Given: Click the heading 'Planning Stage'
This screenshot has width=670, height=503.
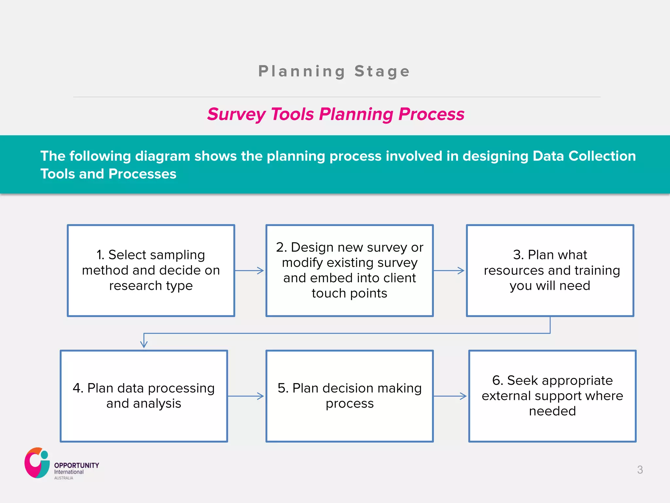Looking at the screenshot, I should click(x=334, y=71).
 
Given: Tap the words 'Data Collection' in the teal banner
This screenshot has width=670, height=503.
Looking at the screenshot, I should click(x=584, y=156).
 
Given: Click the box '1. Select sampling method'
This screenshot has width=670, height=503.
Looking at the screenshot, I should click(x=151, y=270).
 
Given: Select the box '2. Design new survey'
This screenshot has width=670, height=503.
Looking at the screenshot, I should click(x=349, y=270).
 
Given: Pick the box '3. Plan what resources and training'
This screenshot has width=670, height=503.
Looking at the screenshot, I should click(x=550, y=270).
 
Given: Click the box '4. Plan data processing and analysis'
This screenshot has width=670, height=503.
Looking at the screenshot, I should click(x=144, y=396).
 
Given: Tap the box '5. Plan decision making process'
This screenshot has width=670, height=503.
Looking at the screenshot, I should click(x=349, y=396).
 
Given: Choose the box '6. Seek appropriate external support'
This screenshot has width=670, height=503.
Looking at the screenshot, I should click(x=552, y=396).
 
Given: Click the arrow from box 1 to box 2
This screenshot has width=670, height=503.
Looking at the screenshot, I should click(x=250, y=270).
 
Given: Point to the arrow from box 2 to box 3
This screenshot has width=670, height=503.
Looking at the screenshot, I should click(x=449, y=270).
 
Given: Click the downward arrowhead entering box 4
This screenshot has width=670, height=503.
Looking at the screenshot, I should click(x=144, y=344).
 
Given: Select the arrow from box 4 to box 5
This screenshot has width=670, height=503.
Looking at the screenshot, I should click(x=246, y=396).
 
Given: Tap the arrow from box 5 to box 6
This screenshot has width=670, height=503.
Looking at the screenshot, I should click(x=450, y=396).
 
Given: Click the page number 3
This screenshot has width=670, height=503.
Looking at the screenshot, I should click(x=640, y=470).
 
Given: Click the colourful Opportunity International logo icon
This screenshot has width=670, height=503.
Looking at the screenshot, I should click(x=37, y=463).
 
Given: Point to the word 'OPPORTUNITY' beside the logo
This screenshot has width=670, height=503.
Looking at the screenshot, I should click(x=77, y=465).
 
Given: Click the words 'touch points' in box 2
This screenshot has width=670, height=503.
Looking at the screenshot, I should click(x=349, y=293).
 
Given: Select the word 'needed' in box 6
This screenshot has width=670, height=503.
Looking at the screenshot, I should click(x=552, y=411).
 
